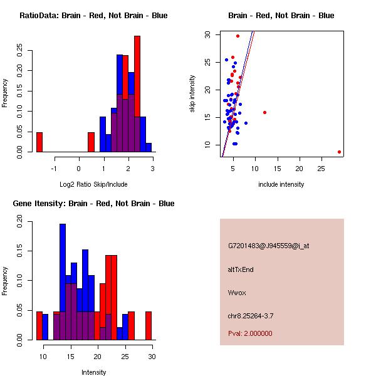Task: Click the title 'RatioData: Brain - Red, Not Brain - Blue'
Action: tap(93, 16)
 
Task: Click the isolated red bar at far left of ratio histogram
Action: tap(39, 142)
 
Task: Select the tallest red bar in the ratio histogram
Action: tap(137, 94)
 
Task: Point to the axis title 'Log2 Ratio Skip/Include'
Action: tap(93, 184)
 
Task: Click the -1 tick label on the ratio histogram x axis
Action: tap(55, 169)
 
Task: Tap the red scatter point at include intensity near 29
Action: tap(339, 152)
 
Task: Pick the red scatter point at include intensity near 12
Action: tap(264, 112)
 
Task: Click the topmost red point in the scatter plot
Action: tap(238, 36)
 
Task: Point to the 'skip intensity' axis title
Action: tap(192, 94)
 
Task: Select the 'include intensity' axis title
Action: tap(281, 184)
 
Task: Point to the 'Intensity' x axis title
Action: tap(94, 372)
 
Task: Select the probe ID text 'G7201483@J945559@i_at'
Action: tap(269, 246)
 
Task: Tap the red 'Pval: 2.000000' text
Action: tap(250, 333)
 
